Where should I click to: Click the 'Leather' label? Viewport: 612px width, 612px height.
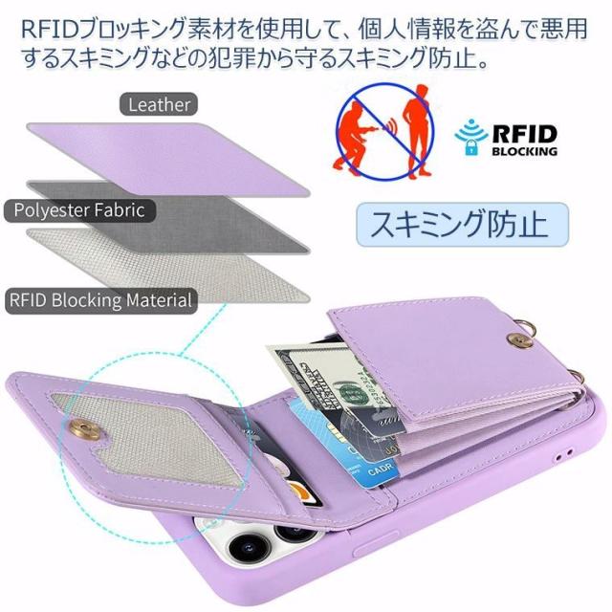(158, 104)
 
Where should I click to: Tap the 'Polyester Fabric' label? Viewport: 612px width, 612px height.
(78, 209)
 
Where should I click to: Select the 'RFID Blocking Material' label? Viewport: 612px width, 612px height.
(99, 300)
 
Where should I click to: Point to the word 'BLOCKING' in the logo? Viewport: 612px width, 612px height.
(524, 151)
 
